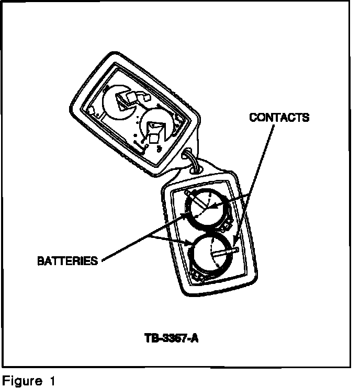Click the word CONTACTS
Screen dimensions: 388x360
pyautogui.click(x=279, y=117)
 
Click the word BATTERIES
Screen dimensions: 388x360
pyautogui.click(x=67, y=260)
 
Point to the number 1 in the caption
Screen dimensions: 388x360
pyautogui.click(x=52, y=380)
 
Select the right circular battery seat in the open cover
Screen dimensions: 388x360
pyautogui.click(x=158, y=126)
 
